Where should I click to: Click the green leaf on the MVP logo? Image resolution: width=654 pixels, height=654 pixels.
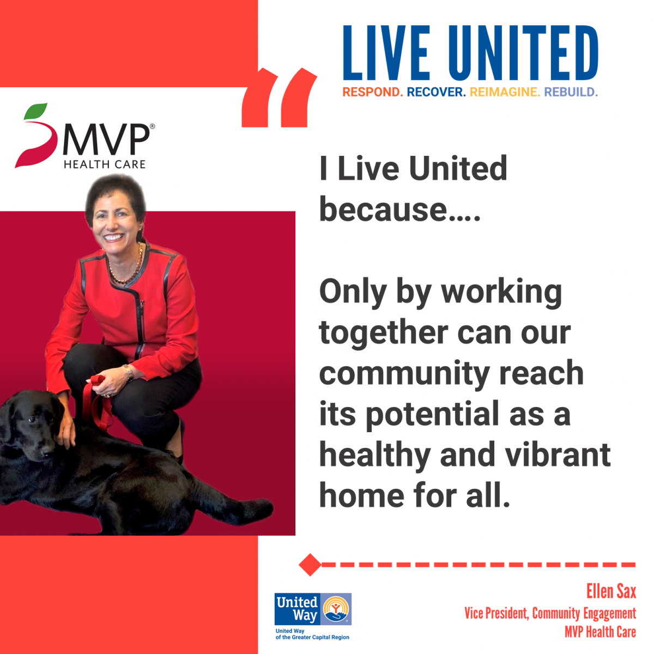(x=35, y=111)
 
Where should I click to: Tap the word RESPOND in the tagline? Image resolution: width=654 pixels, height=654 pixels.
(x=372, y=92)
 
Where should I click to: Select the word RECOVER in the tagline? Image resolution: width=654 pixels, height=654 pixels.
(x=436, y=92)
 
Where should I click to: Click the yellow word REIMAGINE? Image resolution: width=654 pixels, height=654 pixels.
(x=505, y=92)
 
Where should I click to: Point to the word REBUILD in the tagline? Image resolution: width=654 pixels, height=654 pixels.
(x=571, y=92)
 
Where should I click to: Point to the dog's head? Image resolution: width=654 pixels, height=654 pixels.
(x=32, y=423)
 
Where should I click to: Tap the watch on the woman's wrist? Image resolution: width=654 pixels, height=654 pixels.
(x=128, y=373)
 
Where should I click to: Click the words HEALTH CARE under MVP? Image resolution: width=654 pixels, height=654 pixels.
(x=105, y=164)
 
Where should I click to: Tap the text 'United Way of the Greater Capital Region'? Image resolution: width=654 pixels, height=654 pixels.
(x=312, y=634)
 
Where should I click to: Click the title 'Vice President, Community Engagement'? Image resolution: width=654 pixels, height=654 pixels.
(x=550, y=613)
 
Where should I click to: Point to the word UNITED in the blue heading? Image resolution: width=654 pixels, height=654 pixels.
(x=523, y=53)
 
